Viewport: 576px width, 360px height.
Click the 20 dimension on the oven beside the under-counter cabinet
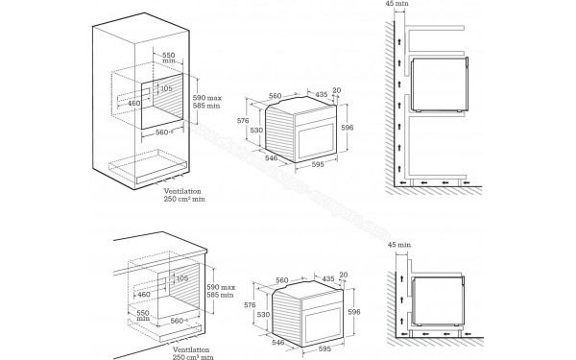point(342,274)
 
